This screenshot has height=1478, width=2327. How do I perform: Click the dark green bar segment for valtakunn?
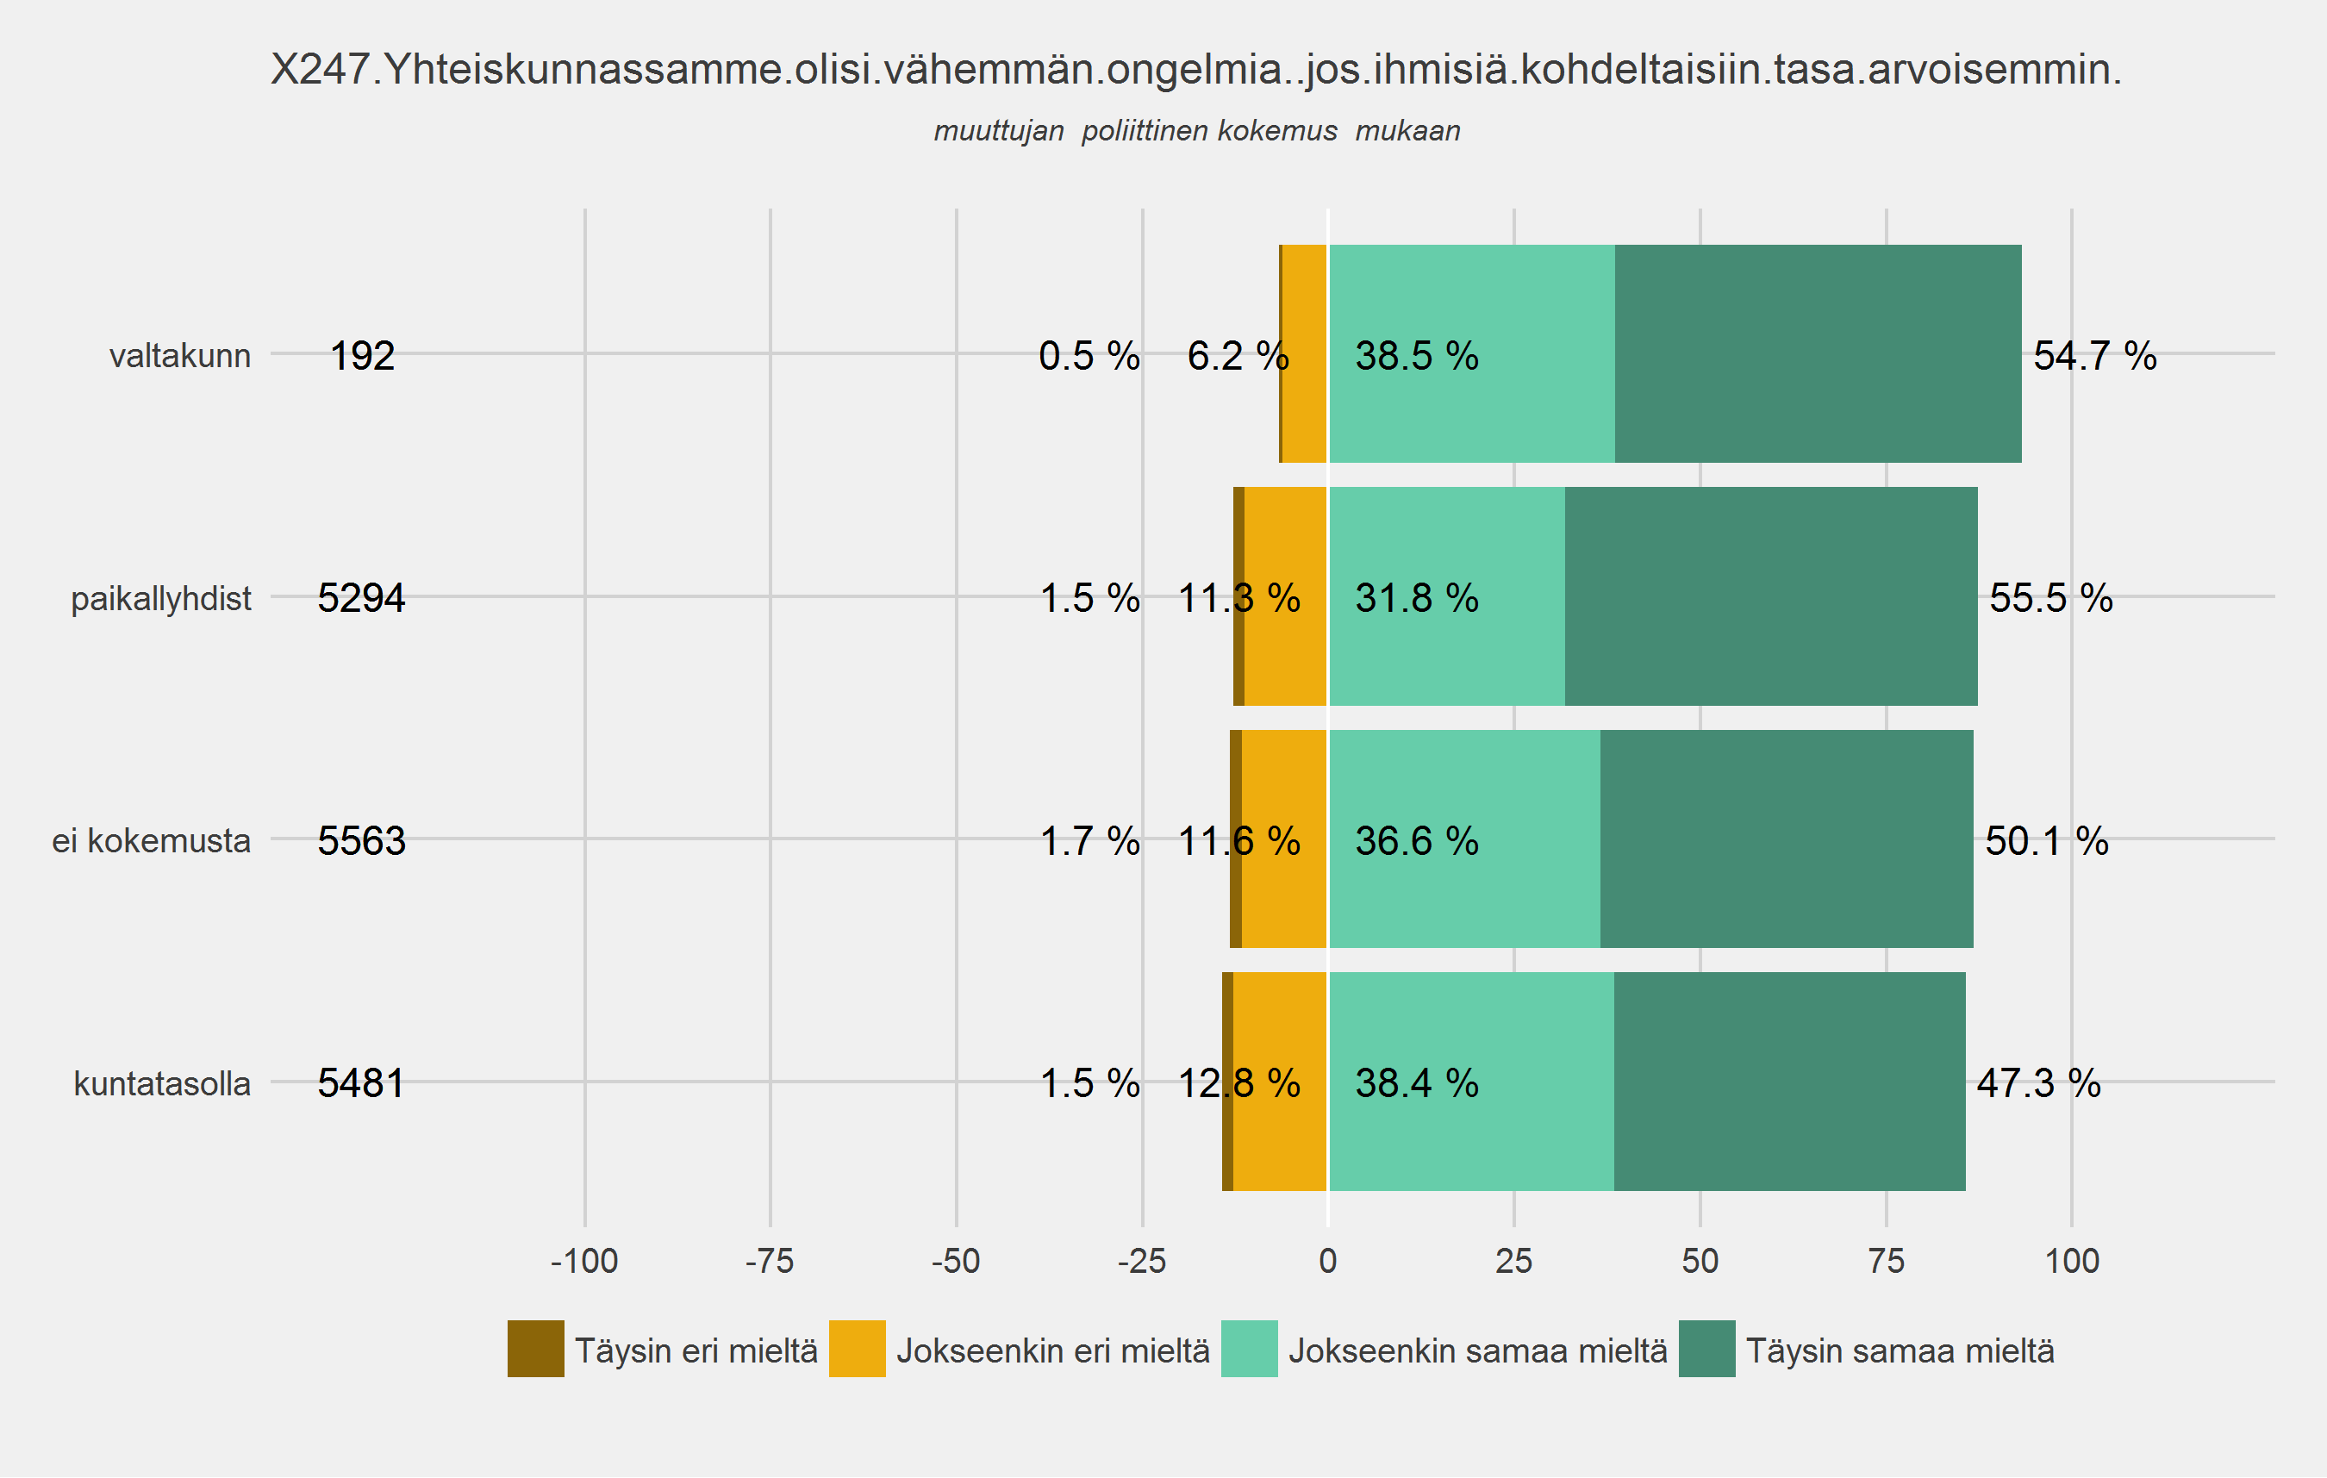coord(1817,353)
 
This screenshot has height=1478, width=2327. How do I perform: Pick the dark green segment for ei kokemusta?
coord(1786,839)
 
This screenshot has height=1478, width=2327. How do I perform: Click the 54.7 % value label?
coord(2094,355)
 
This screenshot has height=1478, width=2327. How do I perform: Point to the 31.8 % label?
coord(1416,598)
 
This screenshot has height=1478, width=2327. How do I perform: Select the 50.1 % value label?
coord(2046,840)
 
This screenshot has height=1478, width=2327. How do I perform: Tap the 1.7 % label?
coord(1089,840)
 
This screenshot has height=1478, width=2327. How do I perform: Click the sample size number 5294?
coord(360,598)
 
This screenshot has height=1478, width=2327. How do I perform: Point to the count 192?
coord(362,355)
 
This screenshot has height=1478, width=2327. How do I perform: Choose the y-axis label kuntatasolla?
coord(161,1083)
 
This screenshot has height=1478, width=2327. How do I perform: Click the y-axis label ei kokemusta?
coord(151,840)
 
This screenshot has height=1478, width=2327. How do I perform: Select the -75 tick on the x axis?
coord(770,1261)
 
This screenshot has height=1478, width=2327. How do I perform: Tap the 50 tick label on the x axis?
coord(1700,1261)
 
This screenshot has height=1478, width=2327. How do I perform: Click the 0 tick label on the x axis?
coord(1328,1261)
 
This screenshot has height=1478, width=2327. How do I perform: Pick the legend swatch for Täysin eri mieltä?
coord(535,1349)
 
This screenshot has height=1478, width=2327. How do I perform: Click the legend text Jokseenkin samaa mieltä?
coord(1477,1350)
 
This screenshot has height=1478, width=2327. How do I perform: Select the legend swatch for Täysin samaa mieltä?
coord(1706,1349)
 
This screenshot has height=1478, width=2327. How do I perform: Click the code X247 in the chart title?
coord(320,70)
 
